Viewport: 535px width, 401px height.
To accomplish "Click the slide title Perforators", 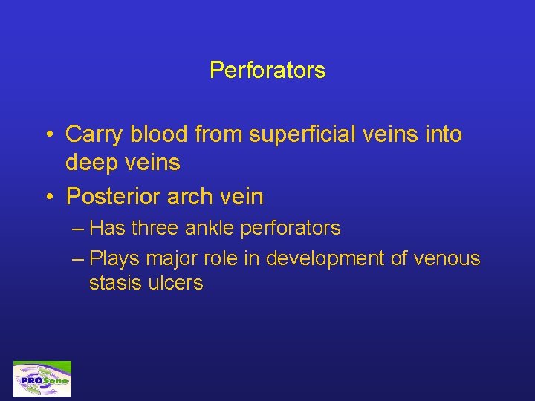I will (267, 71).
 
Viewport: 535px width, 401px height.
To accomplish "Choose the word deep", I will (91, 163).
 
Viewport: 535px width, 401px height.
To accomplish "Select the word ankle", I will (209, 228).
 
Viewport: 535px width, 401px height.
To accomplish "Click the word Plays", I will (112, 258).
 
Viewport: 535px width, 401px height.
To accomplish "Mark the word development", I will (318, 258).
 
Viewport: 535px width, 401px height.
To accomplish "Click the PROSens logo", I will (42, 379).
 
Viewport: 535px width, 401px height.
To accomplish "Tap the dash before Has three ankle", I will (79, 229).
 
